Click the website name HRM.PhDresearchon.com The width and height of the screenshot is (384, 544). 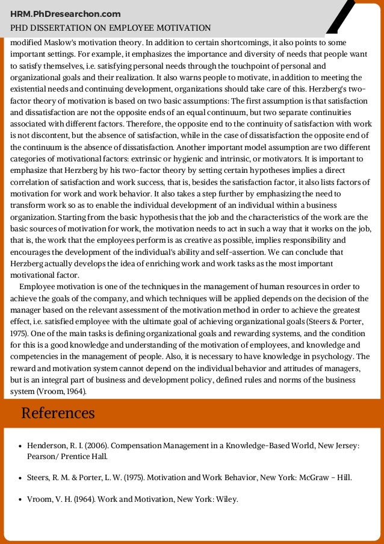tap(66, 14)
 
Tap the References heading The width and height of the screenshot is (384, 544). tap(58, 413)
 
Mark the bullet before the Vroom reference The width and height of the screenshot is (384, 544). tap(20, 499)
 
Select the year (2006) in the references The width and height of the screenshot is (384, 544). tap(96, 445)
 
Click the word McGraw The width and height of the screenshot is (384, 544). tap(307, 478)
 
